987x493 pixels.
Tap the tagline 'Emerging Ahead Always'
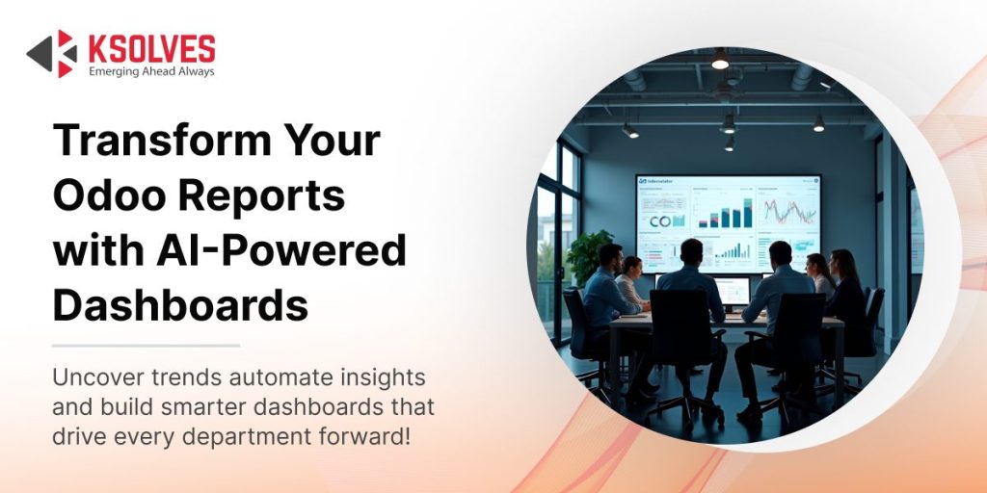(x=150, y=71)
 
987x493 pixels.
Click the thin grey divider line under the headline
(x=146, y=345)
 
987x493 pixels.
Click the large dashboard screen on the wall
(x=728, y=222)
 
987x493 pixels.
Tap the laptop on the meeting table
(x=732, y=290)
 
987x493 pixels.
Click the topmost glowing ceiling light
(x=720, y=60)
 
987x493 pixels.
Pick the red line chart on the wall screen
(x=787, y=210)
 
